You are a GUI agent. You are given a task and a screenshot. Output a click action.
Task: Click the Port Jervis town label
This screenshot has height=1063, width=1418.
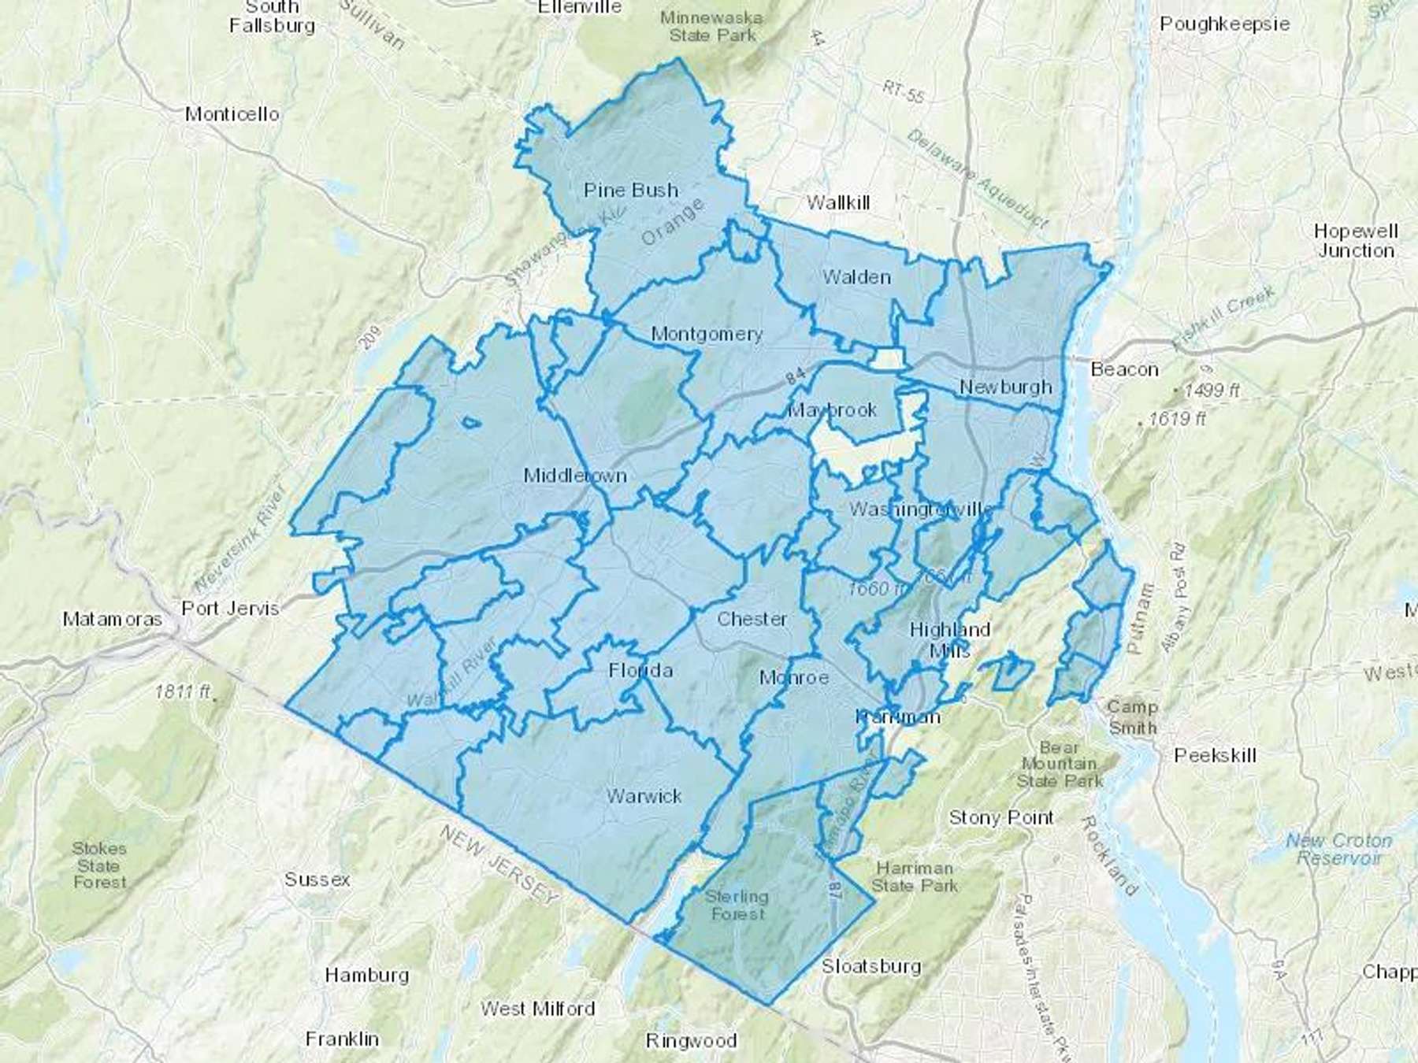(x=230, y=608)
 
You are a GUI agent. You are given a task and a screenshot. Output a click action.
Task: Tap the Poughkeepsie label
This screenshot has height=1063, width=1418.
(x=1224, y=24)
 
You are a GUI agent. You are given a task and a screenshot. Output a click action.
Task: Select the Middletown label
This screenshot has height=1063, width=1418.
(x=575, y=476)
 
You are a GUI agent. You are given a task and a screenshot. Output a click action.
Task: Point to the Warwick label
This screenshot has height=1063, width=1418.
(x=644, y=796)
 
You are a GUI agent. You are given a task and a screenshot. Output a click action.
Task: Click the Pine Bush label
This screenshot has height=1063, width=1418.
(x=631, y=190)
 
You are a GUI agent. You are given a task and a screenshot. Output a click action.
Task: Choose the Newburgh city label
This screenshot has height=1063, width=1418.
(x=1006, y=387)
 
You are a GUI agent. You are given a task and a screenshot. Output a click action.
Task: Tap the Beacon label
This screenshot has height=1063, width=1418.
(x=1124, y=369)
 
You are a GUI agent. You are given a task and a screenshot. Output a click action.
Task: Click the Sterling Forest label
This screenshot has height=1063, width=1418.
(x=737, y=905)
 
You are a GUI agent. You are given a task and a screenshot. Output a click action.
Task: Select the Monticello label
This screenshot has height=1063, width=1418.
(x=232, y=114)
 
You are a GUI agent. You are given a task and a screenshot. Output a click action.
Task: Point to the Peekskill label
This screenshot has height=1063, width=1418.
(x=1214, y=755)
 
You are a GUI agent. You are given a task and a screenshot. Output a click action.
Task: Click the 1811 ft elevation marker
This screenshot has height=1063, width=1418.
(x=183, y=691)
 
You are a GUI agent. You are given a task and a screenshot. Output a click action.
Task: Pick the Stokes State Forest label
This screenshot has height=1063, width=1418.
(x=99, y=865)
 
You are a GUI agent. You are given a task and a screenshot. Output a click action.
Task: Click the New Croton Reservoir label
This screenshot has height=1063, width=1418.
(x=1338, y=849)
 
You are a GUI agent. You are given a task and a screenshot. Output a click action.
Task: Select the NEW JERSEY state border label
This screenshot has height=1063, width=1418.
(x=499, y=864)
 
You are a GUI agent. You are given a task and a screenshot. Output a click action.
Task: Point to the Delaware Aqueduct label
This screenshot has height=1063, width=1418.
(x=977, y=179)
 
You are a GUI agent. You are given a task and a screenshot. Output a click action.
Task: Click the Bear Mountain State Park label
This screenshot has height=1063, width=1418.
(x=1060, y=764)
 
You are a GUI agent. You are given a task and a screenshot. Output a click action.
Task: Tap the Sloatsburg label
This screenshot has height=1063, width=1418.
(x=871, y=966)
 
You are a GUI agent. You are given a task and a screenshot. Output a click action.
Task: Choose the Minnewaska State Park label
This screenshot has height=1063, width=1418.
(x=711, y=25)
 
